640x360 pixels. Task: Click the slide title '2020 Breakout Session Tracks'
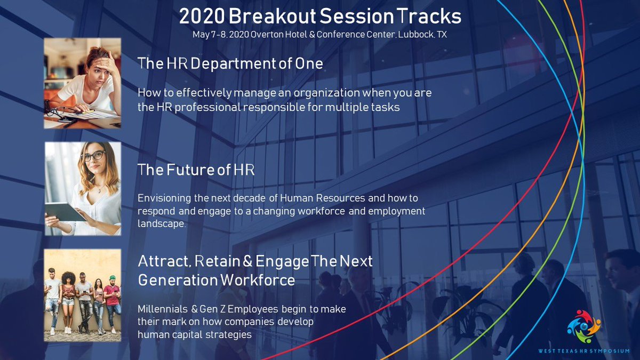pos(320,17)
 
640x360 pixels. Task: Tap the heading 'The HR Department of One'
pos(230,63)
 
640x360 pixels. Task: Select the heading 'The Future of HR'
pos(196,170)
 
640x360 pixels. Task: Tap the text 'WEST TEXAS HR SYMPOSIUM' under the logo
pos(583,350)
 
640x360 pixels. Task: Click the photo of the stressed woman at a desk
pos(82,83)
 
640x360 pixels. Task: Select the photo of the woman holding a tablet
pos(82,188)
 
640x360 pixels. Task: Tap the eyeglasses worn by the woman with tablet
pos(93,156)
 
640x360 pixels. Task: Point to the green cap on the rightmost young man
pos(113,278)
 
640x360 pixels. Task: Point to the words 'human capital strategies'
pos(194,334)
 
